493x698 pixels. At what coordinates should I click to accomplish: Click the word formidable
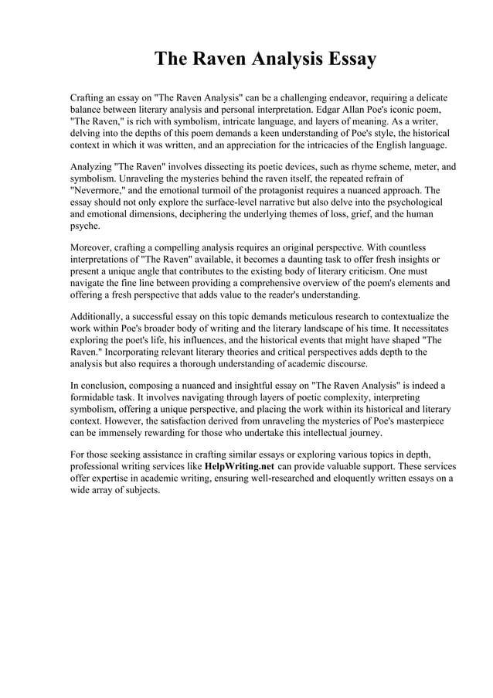pos(97,397)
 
